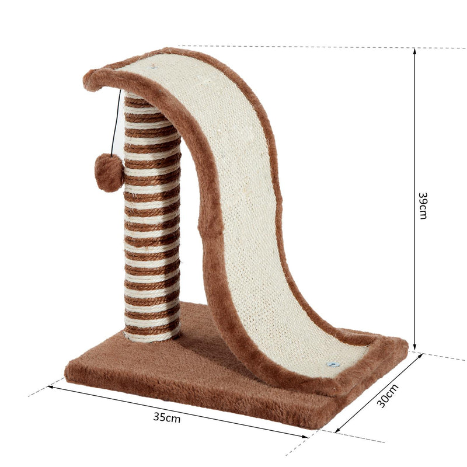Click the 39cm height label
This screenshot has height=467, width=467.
[x=423, y=206]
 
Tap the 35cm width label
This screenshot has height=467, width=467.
[x=167, y=417]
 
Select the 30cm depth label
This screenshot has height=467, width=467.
[x=388, y=396]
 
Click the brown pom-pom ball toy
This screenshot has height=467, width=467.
[x=109, y=173]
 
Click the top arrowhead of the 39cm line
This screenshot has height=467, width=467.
[x=414, y=51]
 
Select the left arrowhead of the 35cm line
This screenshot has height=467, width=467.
[x=50, y=387]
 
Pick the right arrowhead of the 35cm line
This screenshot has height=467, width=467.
[x=304, y=437]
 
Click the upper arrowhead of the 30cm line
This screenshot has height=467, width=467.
[x=420, y=356]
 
